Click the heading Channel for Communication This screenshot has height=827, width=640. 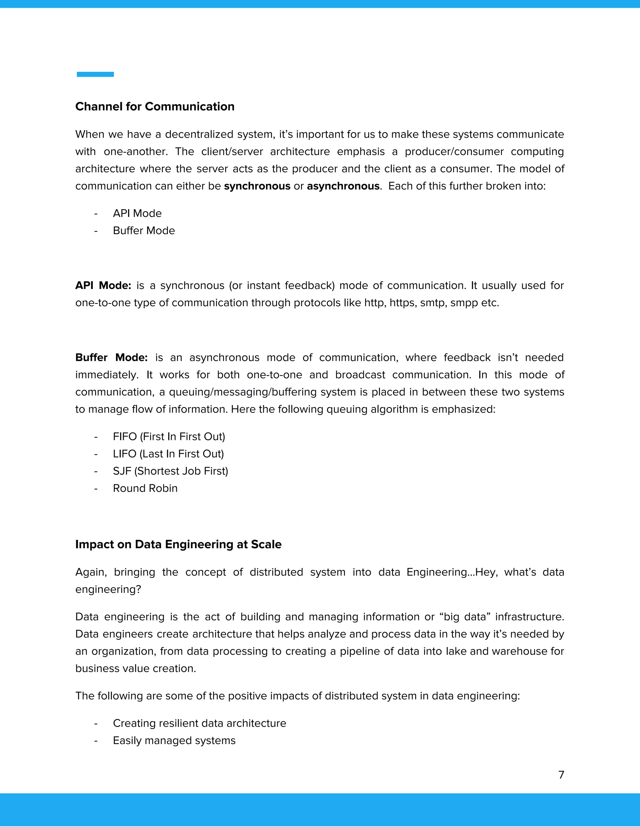click(x=155, y=106)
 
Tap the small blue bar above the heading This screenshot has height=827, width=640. click(x=95, y=74)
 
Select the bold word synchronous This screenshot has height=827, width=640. click(x=257, y=186)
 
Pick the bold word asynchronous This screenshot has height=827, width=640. click(x=343, y=186)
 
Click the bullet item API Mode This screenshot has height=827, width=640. click(x=137, y=213)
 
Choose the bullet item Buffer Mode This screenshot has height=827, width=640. click(x=144, y=231)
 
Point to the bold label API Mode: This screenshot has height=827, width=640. click(x=103, y=286)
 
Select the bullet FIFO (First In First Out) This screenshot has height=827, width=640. click(x=169, y=437)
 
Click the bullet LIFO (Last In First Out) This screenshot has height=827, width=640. click(x=168, y=454)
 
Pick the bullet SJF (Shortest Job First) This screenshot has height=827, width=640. click(x=170, y=471)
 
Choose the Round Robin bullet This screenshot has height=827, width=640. click(x=145, y=488)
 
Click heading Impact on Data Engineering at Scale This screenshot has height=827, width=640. click(x=178, y=544)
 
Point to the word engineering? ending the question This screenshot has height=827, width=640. click(x=108, y=589)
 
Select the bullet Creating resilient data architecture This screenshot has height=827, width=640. click(x=199, y=723)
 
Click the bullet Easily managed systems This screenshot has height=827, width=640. click(x=174, y=740)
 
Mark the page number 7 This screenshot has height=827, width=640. click(x=561, y=775)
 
